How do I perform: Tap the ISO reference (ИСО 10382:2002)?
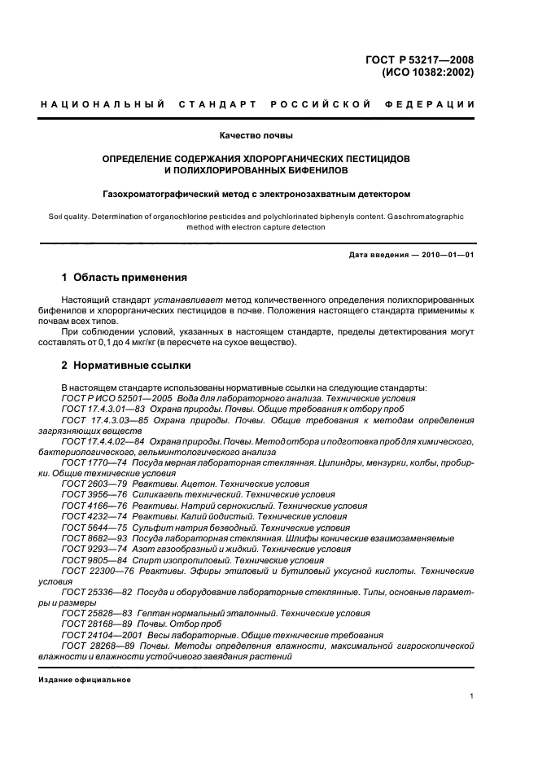click(x=428, y=72)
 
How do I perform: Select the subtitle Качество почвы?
click(x=256, y=135)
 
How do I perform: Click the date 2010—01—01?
click(x=447, y=256)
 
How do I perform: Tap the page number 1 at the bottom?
click(x=472, y=696)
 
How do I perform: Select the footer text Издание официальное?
click(x=85, y=679)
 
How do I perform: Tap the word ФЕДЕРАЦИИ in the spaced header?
click(x=435, y=105)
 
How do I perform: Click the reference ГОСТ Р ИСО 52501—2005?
click(x=116, y=398)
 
